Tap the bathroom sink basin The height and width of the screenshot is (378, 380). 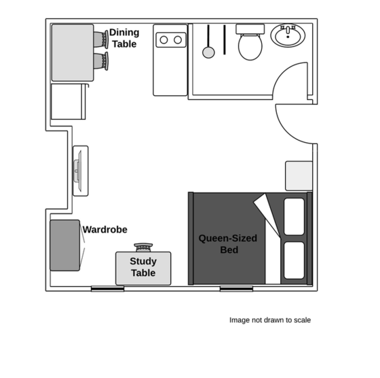pyautogui.click(x=288, y=35)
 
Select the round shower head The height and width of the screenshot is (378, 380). pyautogui.click(x=208, y=52)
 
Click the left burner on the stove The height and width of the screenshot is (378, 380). pyautogui.click(x=164, y=40)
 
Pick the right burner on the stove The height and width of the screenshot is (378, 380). pyautogui.click(x=178, y=40)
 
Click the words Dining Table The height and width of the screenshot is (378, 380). pyautogui.click(x=124, y=38)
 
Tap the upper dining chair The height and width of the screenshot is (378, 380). pyautogui.click(x=101, y=39)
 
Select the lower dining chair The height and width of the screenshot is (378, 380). pyautogui.click(x=101, y=61)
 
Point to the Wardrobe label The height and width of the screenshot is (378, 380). pyautogui.click(x=105, y=230)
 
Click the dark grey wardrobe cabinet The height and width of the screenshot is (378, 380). pyautogui.click(x=65, y=245)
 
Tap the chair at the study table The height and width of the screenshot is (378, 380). pyautogui.click(x=143, y=247)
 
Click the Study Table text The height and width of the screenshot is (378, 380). pyautogui.click(x=143, y=267)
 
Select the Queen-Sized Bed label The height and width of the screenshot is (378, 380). pyautogui.click(x=228, y=244)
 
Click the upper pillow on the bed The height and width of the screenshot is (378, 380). pyautogui.click(x=294, y=217)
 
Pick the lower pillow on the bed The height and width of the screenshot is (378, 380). pyautogui.click(x=294, y=260)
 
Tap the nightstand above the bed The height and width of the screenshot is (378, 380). pyautogui.click(x=299, y=176)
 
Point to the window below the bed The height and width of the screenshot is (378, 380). pyautogui.click(x=237, y=289)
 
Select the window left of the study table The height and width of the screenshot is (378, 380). pyautogui.click(x=108, y=289)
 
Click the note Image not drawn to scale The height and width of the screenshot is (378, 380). pyautogui.click(x=270, y=320)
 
